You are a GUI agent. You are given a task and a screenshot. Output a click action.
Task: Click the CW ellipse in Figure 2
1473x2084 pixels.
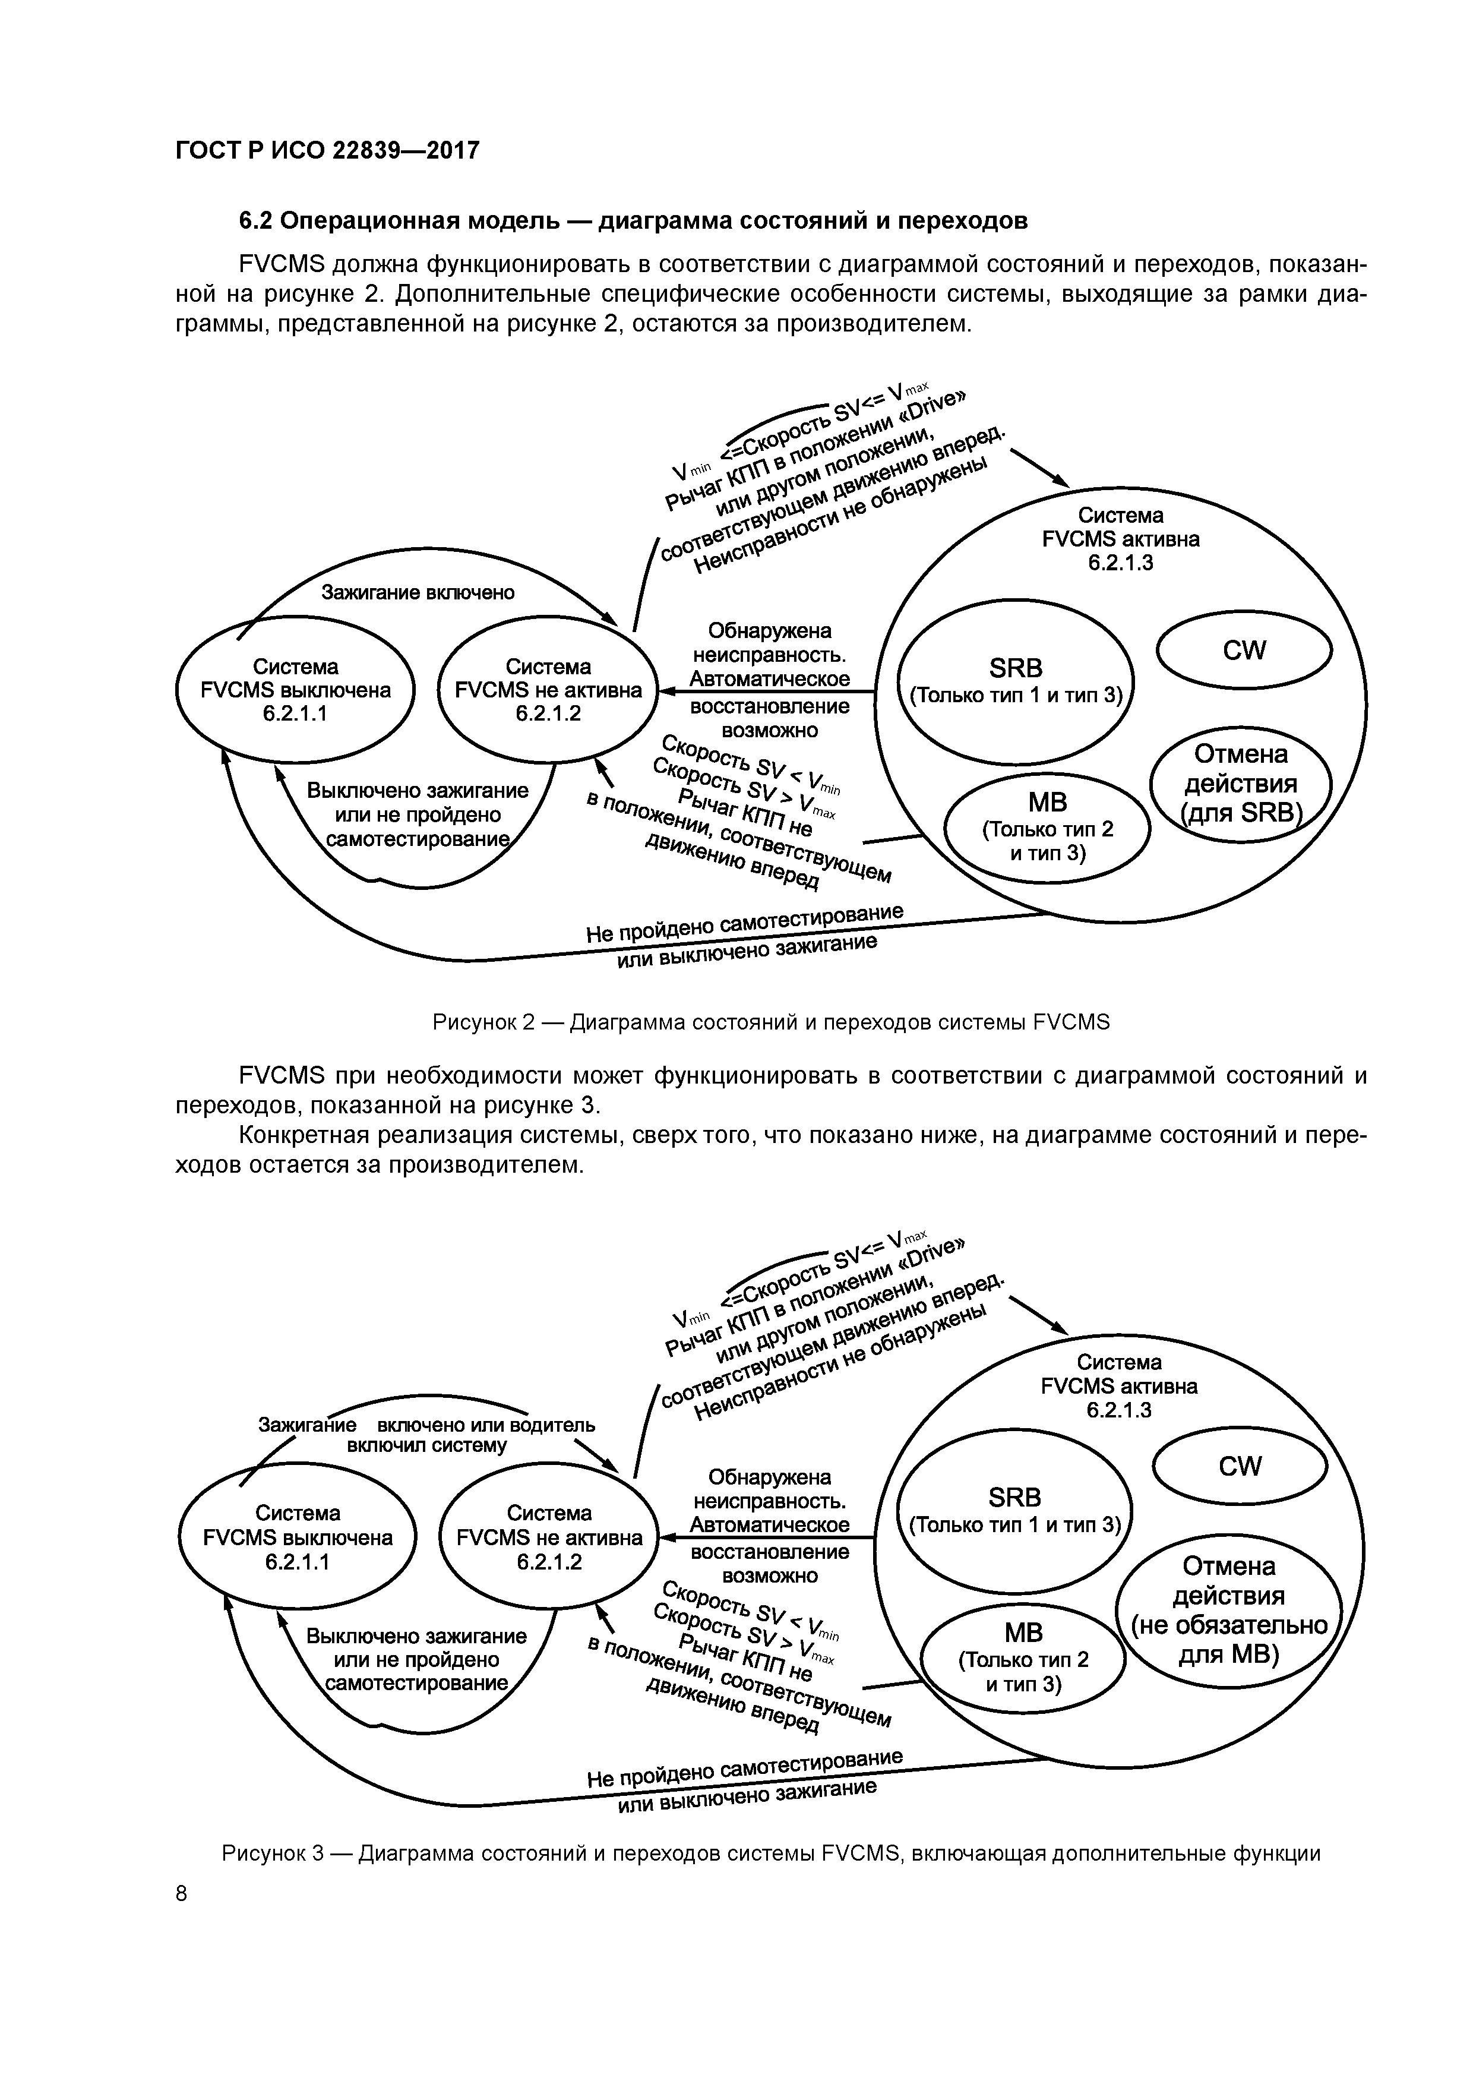pyautogui.click(x=1243, y=650)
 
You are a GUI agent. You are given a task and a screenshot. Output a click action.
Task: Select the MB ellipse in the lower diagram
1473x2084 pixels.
pyautogui.click(x=1024, y=1657)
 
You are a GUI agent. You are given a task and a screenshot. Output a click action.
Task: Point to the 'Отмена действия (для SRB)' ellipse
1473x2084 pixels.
pyautogui.click(x=1241, y=782)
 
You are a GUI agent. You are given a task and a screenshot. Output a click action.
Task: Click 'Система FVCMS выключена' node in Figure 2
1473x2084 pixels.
pyautogui.click(x=295, y=690)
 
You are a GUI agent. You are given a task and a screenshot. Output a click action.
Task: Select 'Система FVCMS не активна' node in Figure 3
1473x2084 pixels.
pyautogui.click(x=549, y=1537)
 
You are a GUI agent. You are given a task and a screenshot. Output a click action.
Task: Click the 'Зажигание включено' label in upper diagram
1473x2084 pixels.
pyautogui.click(x=418, y=593)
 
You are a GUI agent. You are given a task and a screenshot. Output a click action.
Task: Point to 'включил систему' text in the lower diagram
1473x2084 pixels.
pyautogui.click(x=426, y=1445)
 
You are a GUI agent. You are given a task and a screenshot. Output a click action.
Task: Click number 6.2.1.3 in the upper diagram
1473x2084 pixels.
pyautogui.click(x=1120, y=563)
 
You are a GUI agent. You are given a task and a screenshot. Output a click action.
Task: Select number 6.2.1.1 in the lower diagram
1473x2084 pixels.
pyautogui.click(x=297, y=1561)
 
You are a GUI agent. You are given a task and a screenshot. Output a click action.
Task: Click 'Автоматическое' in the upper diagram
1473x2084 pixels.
pyautogui.click(x=770, y=679)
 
